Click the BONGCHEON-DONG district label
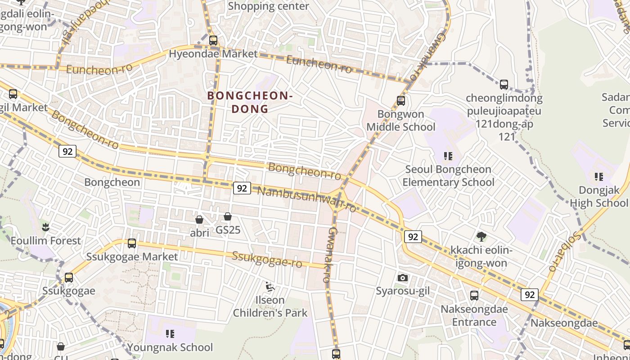(250, 102)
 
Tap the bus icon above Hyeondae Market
(213, 40)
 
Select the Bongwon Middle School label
(400, 121)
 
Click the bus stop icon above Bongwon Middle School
(401, 101)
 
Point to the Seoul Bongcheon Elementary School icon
(448, 156)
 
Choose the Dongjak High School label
(598, 197)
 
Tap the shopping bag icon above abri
(199, 220)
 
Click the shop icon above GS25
(228, 217)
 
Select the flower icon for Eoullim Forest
(45, 227)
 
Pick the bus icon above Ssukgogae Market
(132, 243)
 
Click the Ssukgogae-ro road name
(266, 259)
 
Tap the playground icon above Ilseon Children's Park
(270, 287)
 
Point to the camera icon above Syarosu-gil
(403, 278)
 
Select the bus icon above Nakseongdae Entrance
(474, 296)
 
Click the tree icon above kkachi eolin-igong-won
(481, 237)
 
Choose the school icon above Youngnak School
(170, 334)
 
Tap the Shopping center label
(268, 6)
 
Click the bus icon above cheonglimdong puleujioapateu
(504, 85)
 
